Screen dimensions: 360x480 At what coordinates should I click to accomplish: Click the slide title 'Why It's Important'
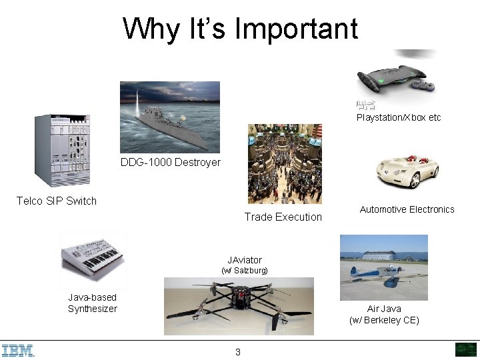tap(240, 29)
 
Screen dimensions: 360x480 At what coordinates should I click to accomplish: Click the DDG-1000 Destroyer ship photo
tap(169, 117)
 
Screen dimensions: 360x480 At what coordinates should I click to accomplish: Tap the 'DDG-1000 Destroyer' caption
tap(171, 162)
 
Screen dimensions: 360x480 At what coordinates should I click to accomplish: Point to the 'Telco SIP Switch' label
tap(57, 201)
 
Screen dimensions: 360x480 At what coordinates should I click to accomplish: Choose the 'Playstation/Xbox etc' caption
tap(399, 117)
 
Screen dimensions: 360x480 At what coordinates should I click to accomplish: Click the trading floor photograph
tap(285, 163)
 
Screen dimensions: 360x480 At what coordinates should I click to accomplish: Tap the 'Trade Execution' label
tap(283, 217)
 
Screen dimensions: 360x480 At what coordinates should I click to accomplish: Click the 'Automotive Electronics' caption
tap(407, 209)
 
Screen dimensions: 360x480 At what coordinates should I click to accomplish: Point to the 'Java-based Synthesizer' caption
tap(92, 303)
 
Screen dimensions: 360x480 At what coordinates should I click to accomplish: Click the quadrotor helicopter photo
tap(238, 307)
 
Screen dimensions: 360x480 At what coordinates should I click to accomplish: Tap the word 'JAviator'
tap(244, 259)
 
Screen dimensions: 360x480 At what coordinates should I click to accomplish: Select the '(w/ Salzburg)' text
tap(244, 271)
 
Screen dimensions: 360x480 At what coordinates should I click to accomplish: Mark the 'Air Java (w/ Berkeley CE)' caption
tap(384, 315)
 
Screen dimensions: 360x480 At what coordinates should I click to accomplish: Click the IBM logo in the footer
tap(18, 350)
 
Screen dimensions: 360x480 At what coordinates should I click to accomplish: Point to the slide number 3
tap(237, 352)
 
